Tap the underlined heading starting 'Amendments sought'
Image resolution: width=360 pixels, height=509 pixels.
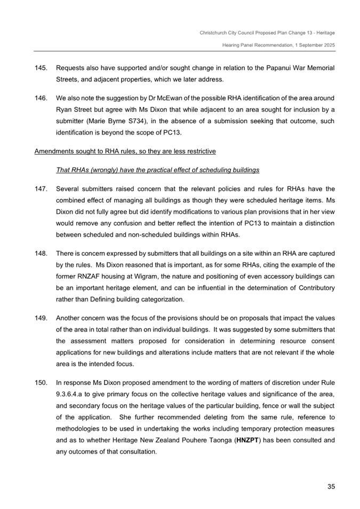tap(125, 151)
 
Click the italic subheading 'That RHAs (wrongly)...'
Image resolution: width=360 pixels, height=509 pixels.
tap(157, 170)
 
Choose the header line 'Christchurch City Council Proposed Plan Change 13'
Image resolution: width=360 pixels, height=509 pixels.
tap(267, 33)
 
